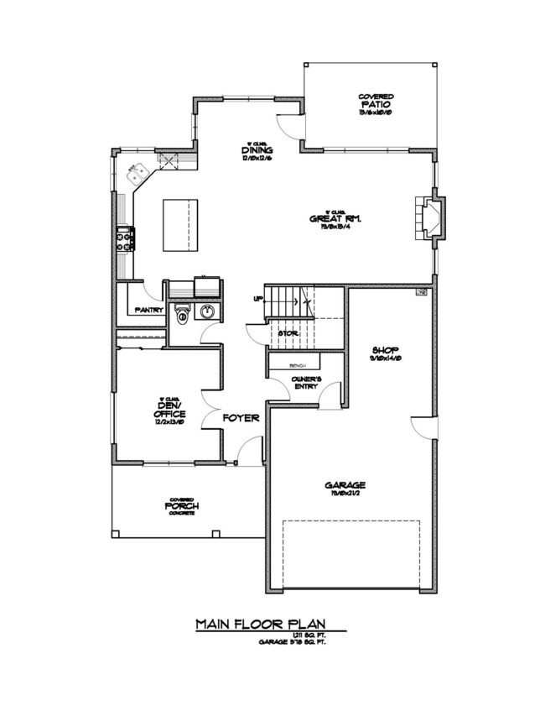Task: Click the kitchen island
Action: [181, 224]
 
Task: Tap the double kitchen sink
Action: [137, 175]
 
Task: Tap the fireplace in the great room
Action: [430, 218]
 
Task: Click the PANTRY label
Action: [148, 310]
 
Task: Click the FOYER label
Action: [241, 417]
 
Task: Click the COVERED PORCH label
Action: [181, 506]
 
